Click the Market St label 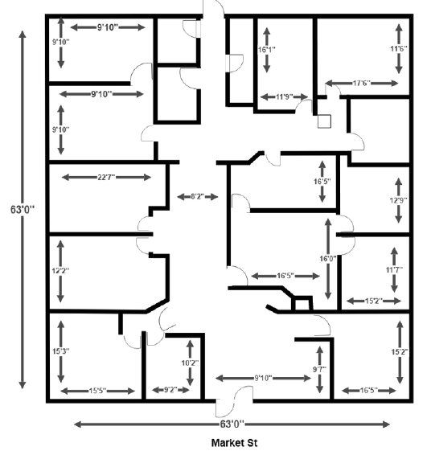click(x=234, y=443)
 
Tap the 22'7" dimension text click(x=106, y=177)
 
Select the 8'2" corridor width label click(x=198, y=197)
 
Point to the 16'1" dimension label click(x=267, y=50)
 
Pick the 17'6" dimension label click(x=361, y=84)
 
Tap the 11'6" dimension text click(x=399, y=48)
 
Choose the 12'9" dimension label click(x=399, y=200)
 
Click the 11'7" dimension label click(x=394, y=270)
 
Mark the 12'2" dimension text click(x=60, y=271)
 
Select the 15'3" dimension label click(x=60, y=351)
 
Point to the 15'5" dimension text click(x=97, y=391)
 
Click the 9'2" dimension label click(x=170, y=390)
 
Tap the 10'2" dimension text click(x=190, y=363)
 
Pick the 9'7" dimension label click(x=320, y=369)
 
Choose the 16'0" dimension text click(x=328, y=259)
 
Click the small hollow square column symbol click(x=324, y=121)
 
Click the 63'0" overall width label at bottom click(x=232, y=424)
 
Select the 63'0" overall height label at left click(x=23, y=209)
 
